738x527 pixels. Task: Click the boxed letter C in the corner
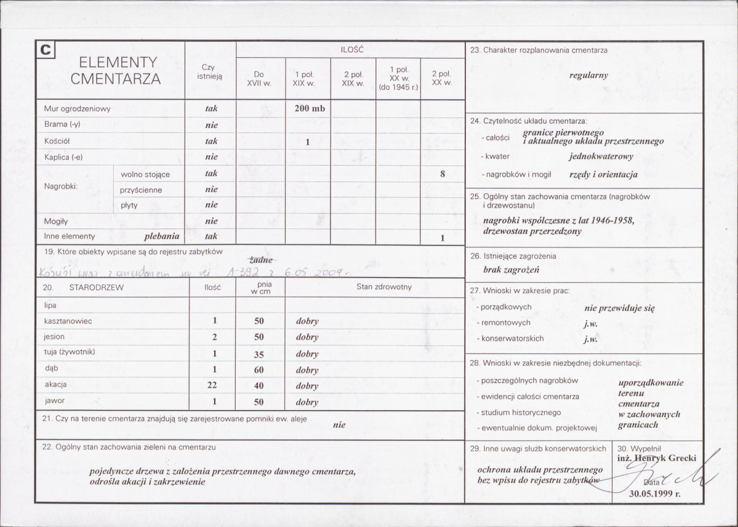point(46,50)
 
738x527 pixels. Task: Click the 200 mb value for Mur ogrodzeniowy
point(309,109)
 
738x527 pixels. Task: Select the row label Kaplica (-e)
point(63,157)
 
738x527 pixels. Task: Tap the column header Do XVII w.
point(259,79)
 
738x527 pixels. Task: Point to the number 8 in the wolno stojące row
point(443,174)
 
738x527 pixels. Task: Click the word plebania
point(162,236)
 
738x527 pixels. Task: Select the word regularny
point(588,75)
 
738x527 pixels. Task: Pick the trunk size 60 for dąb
point(259,370)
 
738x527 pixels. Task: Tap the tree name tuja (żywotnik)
point(70,352)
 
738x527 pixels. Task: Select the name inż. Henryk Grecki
point(656,458)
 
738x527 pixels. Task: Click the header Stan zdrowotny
point(384,287)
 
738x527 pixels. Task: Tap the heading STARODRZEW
point(97,287)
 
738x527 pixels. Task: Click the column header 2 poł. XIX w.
point(354,79)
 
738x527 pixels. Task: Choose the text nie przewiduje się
point(619,308)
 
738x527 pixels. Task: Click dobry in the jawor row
point(307,402)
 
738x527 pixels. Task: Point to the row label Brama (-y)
point(62,125)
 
